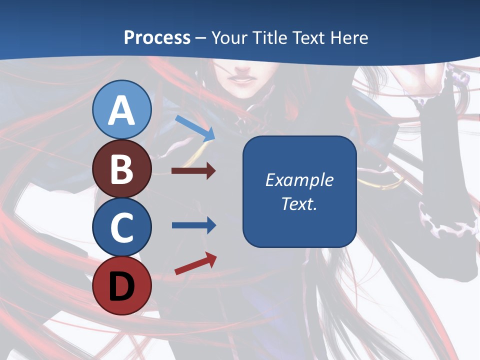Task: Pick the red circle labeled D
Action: coord(122,286)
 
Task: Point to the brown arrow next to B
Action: coord(193,171)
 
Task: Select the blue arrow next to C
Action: coord(193,225)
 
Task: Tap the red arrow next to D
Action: coord(195,263)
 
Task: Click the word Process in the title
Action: coord(157,37)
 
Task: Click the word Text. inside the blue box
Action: coord(299,203)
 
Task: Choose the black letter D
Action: coord(122,286)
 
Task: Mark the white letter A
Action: coord(122,111)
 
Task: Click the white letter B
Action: coord(122,169)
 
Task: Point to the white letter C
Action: coord(122,227)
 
